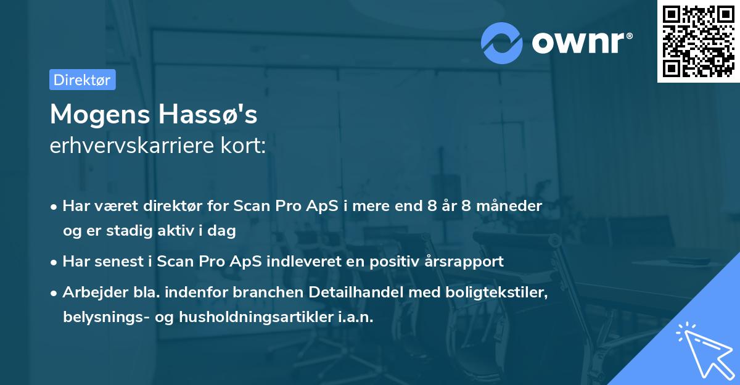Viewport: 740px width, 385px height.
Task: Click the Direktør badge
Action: coord(82,80)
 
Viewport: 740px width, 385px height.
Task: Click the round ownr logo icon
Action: coord(502,43)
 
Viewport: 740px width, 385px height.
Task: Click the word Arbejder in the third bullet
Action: coord(91,292)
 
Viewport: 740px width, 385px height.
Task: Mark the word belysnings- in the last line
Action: coord(100,317)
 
